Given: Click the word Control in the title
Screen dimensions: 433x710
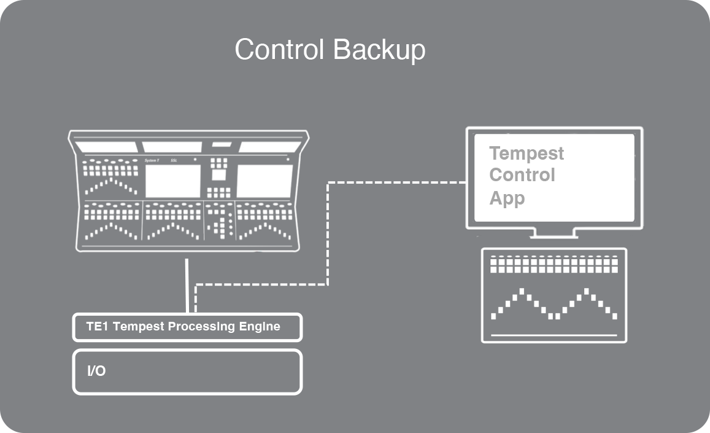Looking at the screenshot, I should pyautogui.click(x=279, y=50).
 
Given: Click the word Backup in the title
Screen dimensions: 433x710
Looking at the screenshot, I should pyautogui.click(x=377, y=50).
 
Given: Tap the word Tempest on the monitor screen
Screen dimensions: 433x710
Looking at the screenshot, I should pyautogui.click(x=527, y=153).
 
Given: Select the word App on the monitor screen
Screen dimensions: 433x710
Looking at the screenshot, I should pyautogui.click(x=507, y=198).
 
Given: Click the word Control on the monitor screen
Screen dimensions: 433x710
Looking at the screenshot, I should pyautogui.click(x=522, y=175).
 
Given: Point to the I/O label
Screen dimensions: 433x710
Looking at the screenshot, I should pyautogui.click(x=96, y=371).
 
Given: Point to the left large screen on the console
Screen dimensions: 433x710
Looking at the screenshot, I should pyautogui.click(x=172, y=181).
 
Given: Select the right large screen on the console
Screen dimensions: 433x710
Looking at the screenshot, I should pyautogui.click(x=264, y=181).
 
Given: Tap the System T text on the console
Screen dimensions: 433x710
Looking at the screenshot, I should pyautogui.click(x=152, y=161).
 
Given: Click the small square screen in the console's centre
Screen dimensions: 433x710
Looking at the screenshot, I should pyautogui.click(x=218, y=174).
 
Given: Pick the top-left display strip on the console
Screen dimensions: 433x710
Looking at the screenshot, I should pyautogui.click(x=107, y=147).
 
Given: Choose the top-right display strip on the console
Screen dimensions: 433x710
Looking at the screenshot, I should pyautogui.click(x=269, y=147).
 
